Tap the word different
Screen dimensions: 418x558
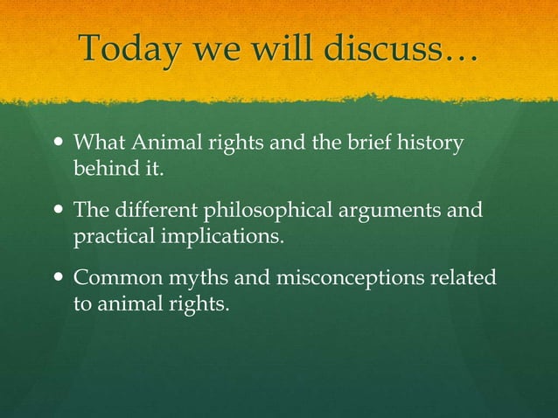154,211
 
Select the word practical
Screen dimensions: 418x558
108,237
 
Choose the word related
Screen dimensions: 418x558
462,279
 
